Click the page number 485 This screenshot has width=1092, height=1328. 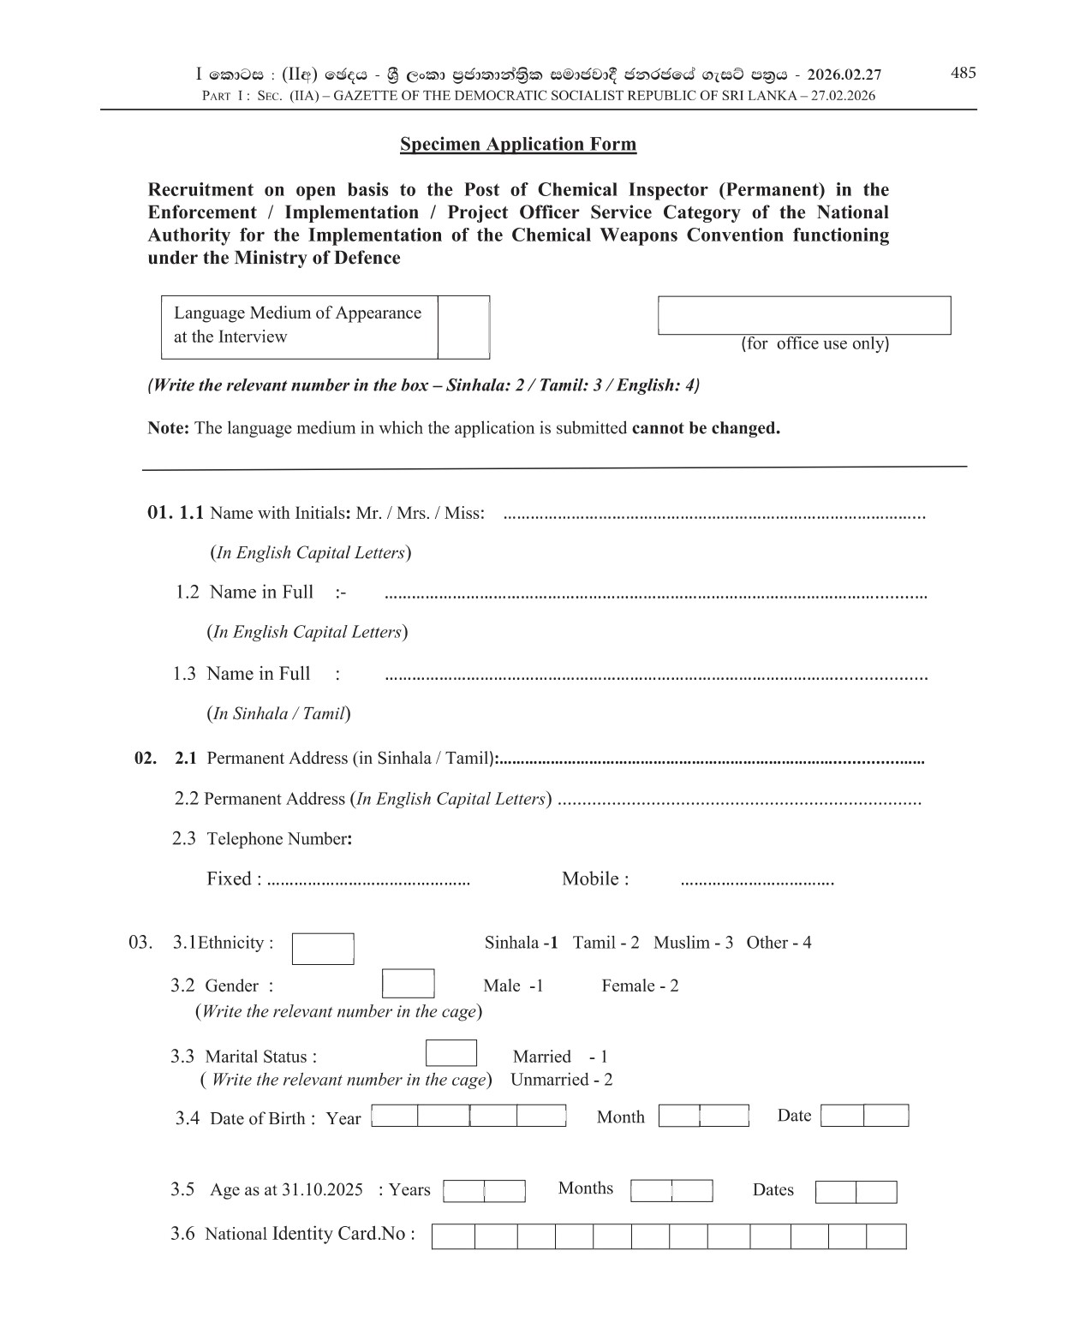coord(963,73)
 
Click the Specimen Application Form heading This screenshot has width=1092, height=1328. coord(518,144)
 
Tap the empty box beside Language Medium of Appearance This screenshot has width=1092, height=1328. coord(463,327)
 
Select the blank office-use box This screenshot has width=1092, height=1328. coord(803,315)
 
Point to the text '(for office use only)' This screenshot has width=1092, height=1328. coord(815,343)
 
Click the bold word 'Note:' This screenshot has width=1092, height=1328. coord(168,428)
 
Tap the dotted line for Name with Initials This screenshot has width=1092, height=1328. coord(714,515)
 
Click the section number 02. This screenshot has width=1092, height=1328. coord(146,758)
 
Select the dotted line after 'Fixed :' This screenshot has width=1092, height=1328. coord(368,881)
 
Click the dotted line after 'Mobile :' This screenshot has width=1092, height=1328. coord(756,881)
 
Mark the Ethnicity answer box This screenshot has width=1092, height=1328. coord(323,949)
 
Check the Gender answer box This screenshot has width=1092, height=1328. coord(408,984)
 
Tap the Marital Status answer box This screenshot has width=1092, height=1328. coord(451,1053)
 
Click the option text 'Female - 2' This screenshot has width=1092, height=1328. coord(640,986)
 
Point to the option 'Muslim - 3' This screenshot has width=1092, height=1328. coord(693,943)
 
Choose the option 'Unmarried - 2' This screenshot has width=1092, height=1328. coord(561,1080)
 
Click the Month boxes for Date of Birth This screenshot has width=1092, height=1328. coord(703,1116)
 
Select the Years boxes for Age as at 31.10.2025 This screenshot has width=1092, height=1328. coord(484,1191)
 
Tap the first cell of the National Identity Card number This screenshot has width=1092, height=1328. coord(453,1236)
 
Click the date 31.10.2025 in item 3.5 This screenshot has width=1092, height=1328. coord(322,1190)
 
